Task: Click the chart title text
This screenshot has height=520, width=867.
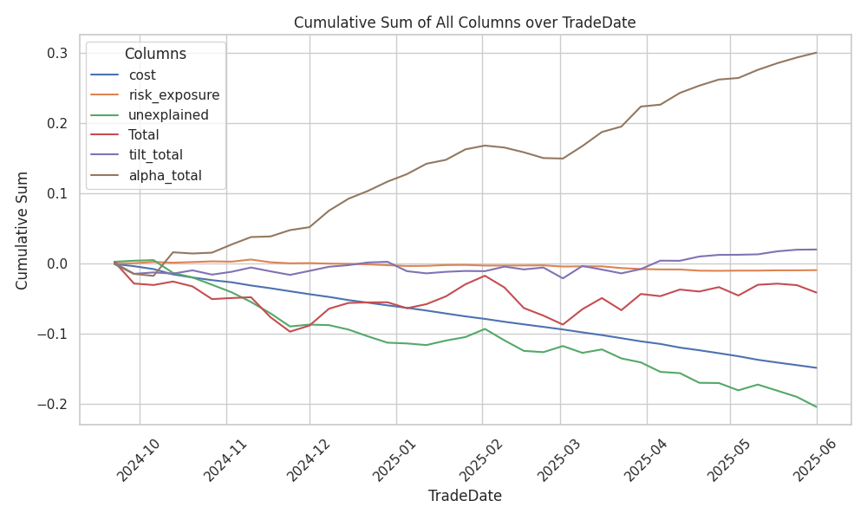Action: point(465,23)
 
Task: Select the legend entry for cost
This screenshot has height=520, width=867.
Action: point(141,75)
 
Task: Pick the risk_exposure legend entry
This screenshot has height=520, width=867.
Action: point(173,95)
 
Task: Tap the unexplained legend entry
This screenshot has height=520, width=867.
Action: point(167,115)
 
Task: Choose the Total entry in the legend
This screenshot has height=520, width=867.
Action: point(143,135)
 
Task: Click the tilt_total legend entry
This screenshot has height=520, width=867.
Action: point(157,155)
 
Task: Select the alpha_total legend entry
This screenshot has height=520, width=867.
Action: point(164,175)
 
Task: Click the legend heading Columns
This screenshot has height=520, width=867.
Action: point(155,54)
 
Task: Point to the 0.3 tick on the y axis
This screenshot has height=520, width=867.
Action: point(58,54)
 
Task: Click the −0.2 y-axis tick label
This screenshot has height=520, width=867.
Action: point(54,405)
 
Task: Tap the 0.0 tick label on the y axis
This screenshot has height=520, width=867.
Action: point(58,264)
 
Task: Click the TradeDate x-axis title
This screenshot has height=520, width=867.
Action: point(465,497)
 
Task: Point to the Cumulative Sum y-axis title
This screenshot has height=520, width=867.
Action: point(23,231)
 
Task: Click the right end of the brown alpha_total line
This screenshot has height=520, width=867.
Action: point(816,53)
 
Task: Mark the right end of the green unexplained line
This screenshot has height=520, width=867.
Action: point(816,406)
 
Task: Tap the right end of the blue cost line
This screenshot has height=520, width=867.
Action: point(816,367)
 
